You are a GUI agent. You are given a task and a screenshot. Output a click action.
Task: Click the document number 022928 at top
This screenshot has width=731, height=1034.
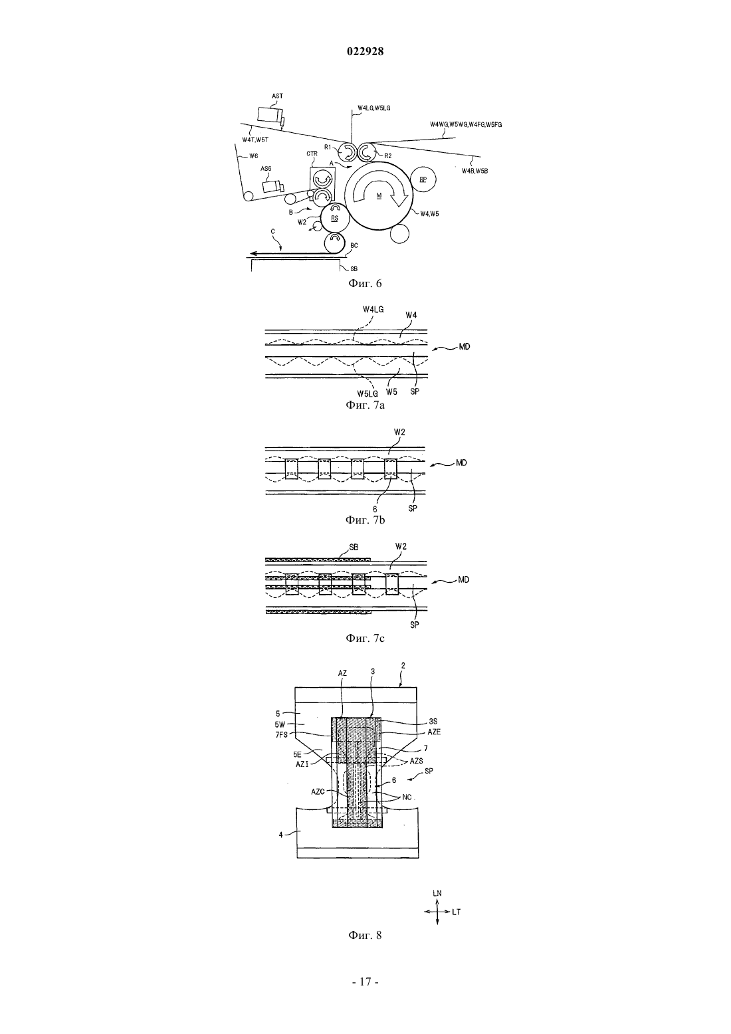[x=365, y=51]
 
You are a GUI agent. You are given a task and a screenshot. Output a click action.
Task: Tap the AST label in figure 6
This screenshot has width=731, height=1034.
[x=277, y=96]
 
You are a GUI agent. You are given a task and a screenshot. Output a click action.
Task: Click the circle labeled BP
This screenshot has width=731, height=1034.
[x=423, y=179]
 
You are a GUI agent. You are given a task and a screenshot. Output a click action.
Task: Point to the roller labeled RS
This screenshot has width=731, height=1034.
[x=335, y=219]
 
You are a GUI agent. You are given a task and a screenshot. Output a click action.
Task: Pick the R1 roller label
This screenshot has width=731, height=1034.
[x=328, y=148]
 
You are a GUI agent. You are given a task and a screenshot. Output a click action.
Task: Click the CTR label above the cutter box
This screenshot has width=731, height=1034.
[x=312, y=154]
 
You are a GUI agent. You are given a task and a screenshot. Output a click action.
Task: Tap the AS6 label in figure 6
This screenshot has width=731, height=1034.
[x=266, y=169]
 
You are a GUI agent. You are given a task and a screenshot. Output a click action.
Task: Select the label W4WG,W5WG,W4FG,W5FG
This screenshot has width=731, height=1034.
[x=466, y=125]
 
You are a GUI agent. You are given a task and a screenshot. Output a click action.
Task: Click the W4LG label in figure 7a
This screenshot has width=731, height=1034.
[x=373, y=310]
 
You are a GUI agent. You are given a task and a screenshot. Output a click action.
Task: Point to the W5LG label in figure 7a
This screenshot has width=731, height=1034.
[x=367, y=394]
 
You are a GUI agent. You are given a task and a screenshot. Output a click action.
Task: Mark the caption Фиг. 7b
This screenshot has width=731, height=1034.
[x=365, y=520]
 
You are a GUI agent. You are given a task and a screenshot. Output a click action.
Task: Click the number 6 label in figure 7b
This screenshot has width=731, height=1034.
[x=375, y=508]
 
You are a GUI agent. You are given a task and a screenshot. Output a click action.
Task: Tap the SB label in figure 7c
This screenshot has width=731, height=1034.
[x=354, y=547]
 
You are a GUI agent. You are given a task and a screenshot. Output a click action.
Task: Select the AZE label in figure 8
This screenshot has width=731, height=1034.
[x=434, y=732]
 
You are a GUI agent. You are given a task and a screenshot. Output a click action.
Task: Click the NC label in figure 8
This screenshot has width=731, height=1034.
[x=407, y=797]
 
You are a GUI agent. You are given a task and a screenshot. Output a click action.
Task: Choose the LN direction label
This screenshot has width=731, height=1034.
[x=437, y=893]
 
